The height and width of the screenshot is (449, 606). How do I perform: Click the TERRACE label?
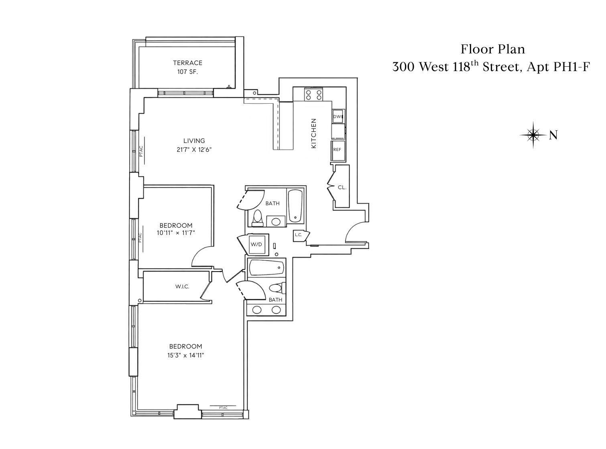pyautogui.click(x=187, y=63)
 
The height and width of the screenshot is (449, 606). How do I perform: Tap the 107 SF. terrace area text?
pyautogui.click(x=187, y=72)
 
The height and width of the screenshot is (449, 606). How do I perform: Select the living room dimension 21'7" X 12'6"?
pyautogui.click(x=194, y=149)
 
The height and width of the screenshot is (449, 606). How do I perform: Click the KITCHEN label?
pyautogui.click(x=314, y=133)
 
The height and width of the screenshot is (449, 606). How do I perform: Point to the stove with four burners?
pyautogui.click(x=313, y=95)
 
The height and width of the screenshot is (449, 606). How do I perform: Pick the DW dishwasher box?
pyautogui.click(x=338, y=116)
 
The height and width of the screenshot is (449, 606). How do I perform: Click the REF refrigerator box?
pyautogui.click(x=337, y=149)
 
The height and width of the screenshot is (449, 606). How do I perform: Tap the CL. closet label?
pyautogui.click(x=342, y=187)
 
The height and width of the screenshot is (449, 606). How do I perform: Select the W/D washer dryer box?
pyautogui.click(x=256, y=244)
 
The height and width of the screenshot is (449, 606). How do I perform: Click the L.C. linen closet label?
pyautogui.click(x=298, y=235)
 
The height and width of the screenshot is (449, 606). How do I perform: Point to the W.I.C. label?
pyautogui.click(x=182, y=287)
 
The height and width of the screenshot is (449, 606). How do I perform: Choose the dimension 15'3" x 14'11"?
pyautogui.click(x=186, y=355)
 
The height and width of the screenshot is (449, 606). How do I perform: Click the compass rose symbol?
pyautogui.click(x=533, y=135)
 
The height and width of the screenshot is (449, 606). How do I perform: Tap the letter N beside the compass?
pyautogui.click(x=553, y=135)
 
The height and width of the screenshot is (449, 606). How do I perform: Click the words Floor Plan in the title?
pyautogui.click(x=492, y=49)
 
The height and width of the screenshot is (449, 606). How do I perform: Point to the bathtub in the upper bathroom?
pyautogui.click(x=295, y=205)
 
